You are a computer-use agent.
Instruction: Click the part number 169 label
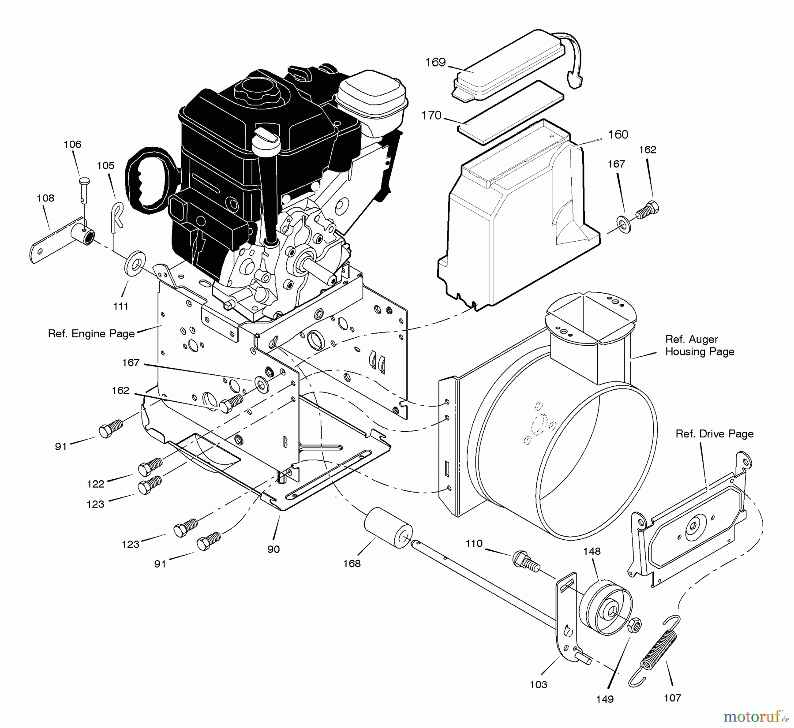[435, 62]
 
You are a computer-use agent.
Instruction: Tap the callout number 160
[618, 134]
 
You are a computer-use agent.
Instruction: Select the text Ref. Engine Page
[91, 334]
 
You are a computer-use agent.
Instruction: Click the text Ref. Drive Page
[714, 434]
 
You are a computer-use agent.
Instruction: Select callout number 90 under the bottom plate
[273, 549]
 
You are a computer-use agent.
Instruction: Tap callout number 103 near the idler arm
[539, 684]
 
